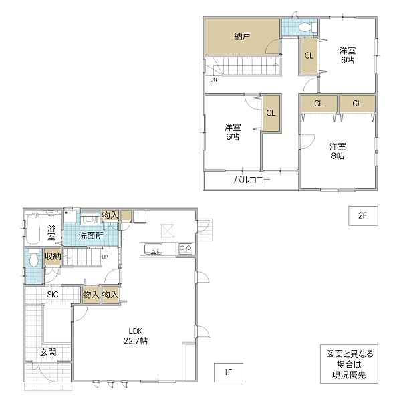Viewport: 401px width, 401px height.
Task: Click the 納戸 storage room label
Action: (x=242, y=37)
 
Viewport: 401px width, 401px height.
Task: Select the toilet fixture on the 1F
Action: (x=33, y=258)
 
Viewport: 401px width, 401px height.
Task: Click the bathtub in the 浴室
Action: (x=33, y=229)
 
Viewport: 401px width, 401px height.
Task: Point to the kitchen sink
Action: (x=153, y=249)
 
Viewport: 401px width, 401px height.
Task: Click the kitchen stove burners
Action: (x=185, y=249)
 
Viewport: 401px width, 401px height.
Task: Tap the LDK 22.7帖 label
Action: (x=136, y=336)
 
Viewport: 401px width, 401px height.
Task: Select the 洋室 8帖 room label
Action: (x=338, y=151)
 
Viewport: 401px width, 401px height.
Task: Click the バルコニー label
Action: (x=252, y=180)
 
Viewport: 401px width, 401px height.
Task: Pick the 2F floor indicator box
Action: (x=363, y=216)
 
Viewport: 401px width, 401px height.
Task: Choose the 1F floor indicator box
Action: (x=229, y=372)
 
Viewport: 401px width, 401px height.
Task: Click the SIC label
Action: (x=53, y=295)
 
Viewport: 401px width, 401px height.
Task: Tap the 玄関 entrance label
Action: (x=48, y=352)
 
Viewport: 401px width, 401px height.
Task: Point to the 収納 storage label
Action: (x=53, y=256)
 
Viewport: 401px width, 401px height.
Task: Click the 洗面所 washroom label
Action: (x=91, y=235)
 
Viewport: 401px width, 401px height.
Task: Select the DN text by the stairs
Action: (x=213, y=80)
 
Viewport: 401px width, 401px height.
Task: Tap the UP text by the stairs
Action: (x=105, y=257)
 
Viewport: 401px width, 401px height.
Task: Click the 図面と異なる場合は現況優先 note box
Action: (x=349, y=364)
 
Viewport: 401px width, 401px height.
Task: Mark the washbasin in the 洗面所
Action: (x=90, y=219)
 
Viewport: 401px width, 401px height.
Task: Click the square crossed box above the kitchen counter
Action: (x=168, y=231)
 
